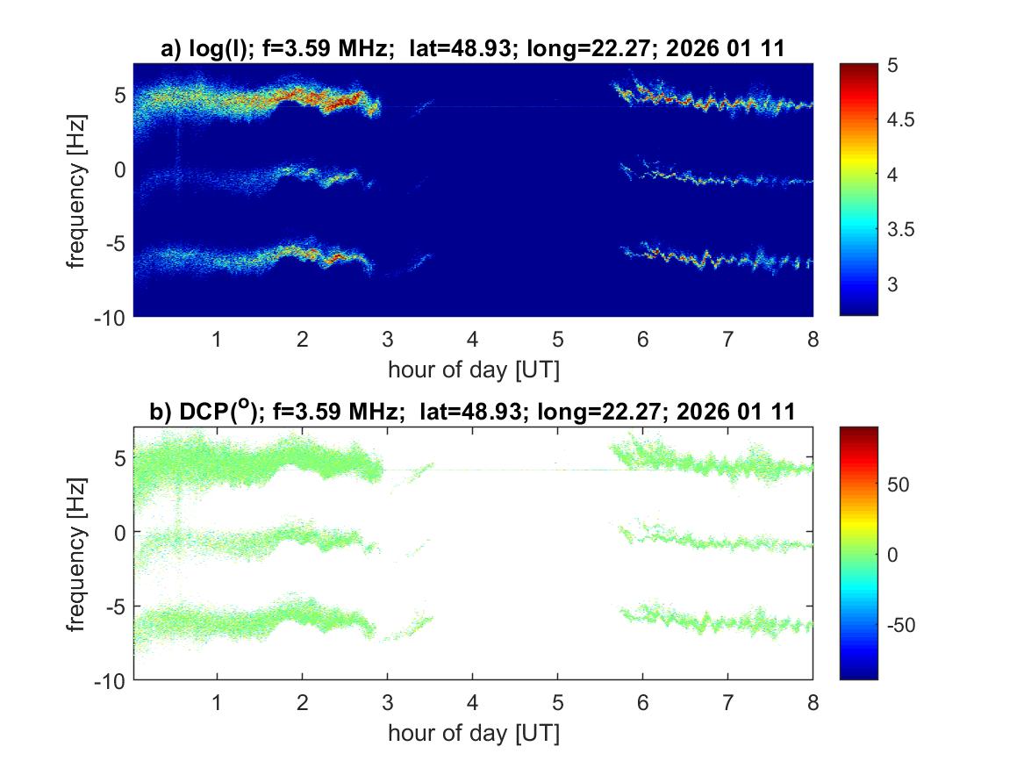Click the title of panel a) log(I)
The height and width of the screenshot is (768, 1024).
click(x=472, y=50)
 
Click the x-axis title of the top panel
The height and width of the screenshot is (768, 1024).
click(x=472, y=370)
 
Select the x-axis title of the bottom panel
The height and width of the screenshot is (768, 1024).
click(x=472, y=733)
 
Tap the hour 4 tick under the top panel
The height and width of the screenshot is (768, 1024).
click(x=472, y=340)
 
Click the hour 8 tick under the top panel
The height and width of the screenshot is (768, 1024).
click(x=813, y=340)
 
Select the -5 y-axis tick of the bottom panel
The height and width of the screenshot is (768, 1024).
click(x=115, y=606)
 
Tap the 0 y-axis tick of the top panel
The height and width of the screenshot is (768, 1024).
click(x=121, y=169)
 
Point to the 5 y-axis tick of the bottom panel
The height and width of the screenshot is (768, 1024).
click(x=121, y=457)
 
